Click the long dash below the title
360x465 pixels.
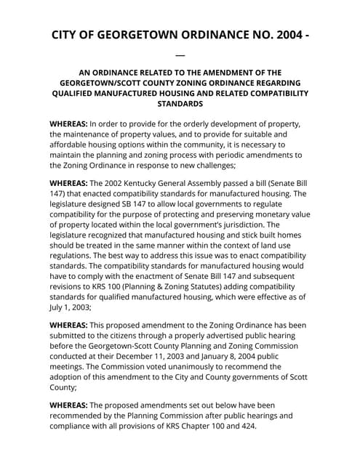tap(180, 54)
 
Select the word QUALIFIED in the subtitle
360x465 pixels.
tap(80, 94)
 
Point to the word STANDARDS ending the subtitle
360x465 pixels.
tap(180, 105)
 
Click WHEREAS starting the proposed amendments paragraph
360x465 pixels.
tap(69, 405)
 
